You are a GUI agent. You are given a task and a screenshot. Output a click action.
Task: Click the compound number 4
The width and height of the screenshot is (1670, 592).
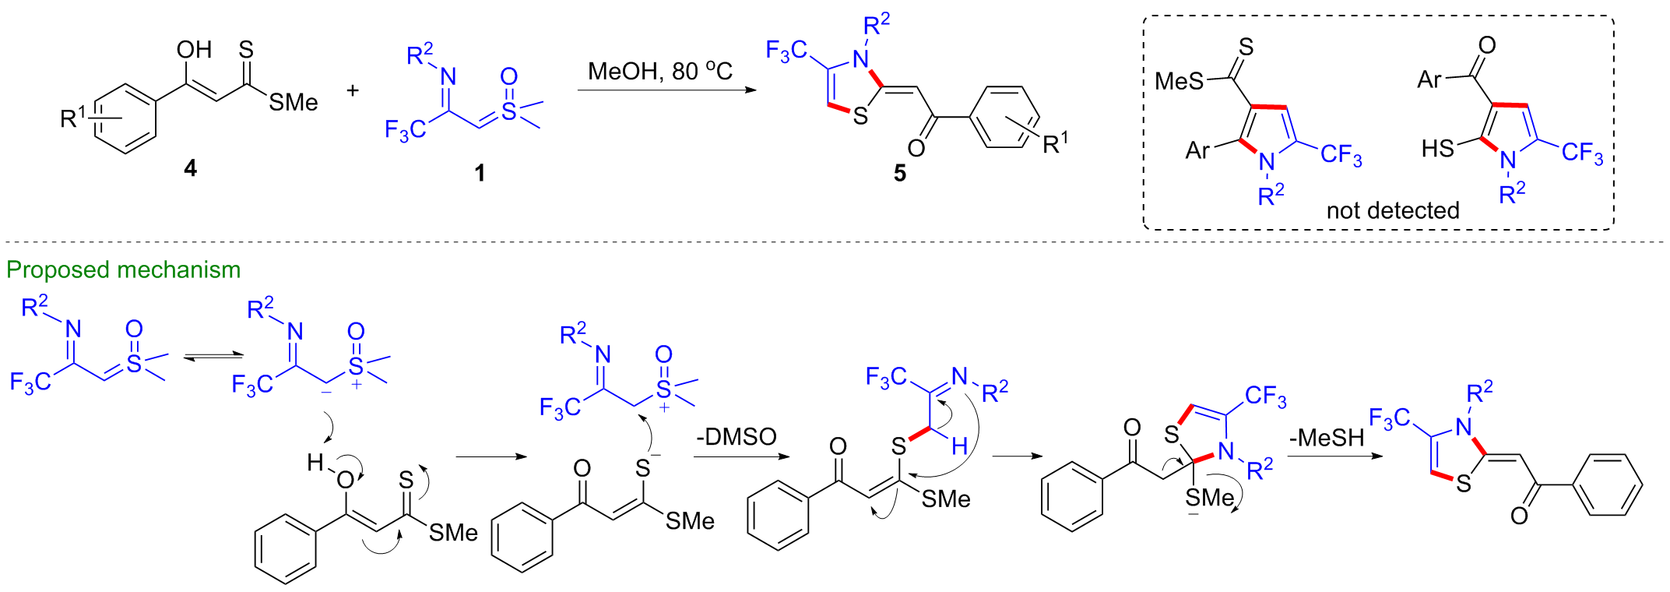point(190,168)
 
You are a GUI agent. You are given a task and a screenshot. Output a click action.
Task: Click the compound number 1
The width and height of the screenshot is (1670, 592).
point(480,173)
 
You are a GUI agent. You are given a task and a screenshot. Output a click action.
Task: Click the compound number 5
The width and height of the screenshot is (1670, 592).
point(900,173)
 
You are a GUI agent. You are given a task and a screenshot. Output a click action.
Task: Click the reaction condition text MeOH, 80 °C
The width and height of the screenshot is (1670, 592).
point(660,72)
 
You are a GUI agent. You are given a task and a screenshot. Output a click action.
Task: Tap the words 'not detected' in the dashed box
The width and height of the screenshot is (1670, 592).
point(1393,210)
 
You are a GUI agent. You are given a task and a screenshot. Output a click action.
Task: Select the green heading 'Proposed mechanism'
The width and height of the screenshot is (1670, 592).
point(124,270)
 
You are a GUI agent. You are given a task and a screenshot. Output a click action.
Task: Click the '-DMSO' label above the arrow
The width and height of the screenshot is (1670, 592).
point(737,436)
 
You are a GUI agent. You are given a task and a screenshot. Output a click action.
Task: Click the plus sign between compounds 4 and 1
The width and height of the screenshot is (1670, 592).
point(353,90)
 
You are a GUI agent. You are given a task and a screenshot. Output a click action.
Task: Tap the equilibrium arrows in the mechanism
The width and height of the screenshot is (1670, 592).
point(213,357)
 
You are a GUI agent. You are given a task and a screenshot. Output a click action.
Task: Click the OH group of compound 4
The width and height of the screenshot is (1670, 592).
point(194,50)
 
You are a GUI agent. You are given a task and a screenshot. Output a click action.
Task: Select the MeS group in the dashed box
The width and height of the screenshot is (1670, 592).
point(1180,80)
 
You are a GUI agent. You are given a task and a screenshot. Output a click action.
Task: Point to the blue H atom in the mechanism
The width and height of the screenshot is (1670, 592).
point(960,446)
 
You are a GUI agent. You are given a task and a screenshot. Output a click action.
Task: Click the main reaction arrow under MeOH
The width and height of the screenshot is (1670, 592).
point(667,90)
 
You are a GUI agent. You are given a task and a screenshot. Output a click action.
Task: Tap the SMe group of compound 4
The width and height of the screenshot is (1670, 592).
point(294,102)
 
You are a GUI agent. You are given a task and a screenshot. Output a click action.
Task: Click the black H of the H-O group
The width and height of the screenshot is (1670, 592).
point(315,463)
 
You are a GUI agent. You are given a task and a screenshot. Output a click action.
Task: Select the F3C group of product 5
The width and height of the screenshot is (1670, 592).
point(786,51)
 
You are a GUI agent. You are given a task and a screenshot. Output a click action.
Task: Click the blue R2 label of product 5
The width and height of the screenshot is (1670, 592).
point(877,25)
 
